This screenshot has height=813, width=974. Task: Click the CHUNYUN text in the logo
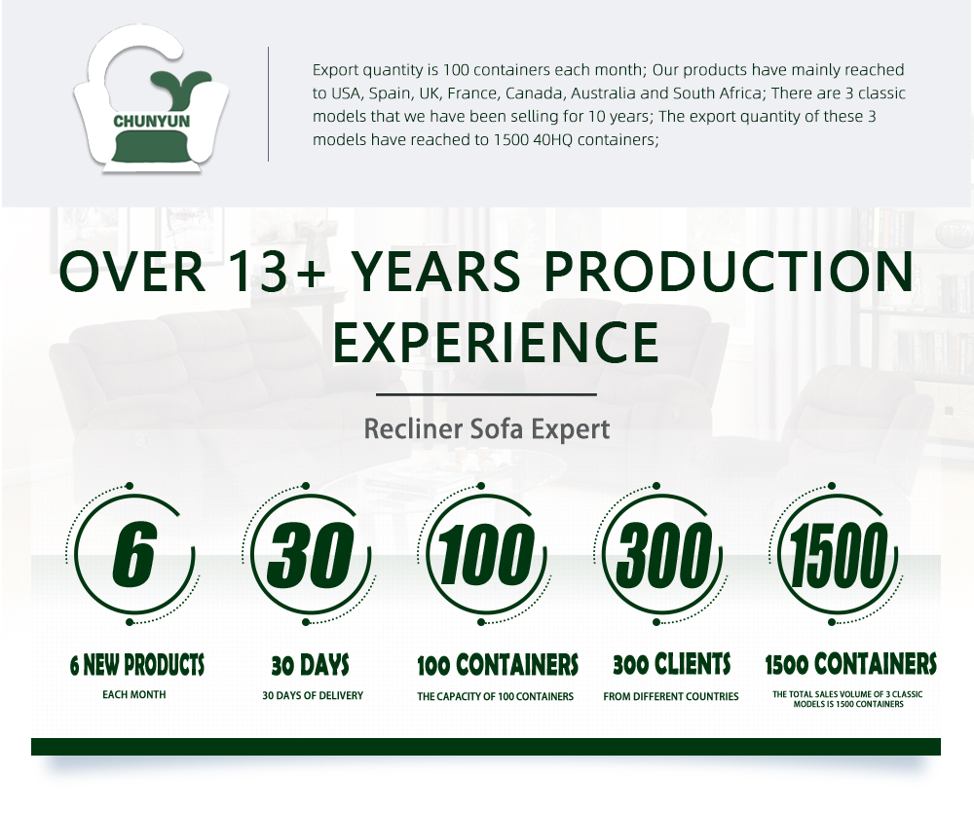click(x=152, y=121)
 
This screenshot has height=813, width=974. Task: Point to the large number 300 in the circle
click(x=661, y=553)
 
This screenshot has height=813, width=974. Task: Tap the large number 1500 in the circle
click(x=838, y=553)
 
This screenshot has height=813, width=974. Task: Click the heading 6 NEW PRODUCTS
click(x=136, y=665)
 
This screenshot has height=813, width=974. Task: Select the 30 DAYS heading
click(x=310, y=665)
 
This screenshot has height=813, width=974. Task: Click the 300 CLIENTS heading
click(x=671, y=665)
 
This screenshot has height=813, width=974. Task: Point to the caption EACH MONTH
click(x=134, y=694)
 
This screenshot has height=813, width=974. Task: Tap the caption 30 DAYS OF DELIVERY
click(x=313, y=695)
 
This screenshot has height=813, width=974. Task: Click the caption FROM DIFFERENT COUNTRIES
click(x=671, y=697)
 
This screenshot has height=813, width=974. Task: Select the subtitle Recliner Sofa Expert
click(x=487, y=429)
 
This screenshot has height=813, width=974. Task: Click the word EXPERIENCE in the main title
click(x=496, y=342)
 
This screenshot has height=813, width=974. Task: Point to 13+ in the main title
click(x=277, y=271)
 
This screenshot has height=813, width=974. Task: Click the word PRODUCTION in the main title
click(x=730, y=271)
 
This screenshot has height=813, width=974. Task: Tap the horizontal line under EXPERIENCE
click(x=486, y=394)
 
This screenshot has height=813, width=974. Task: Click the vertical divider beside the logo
click(x=269, y=104)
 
